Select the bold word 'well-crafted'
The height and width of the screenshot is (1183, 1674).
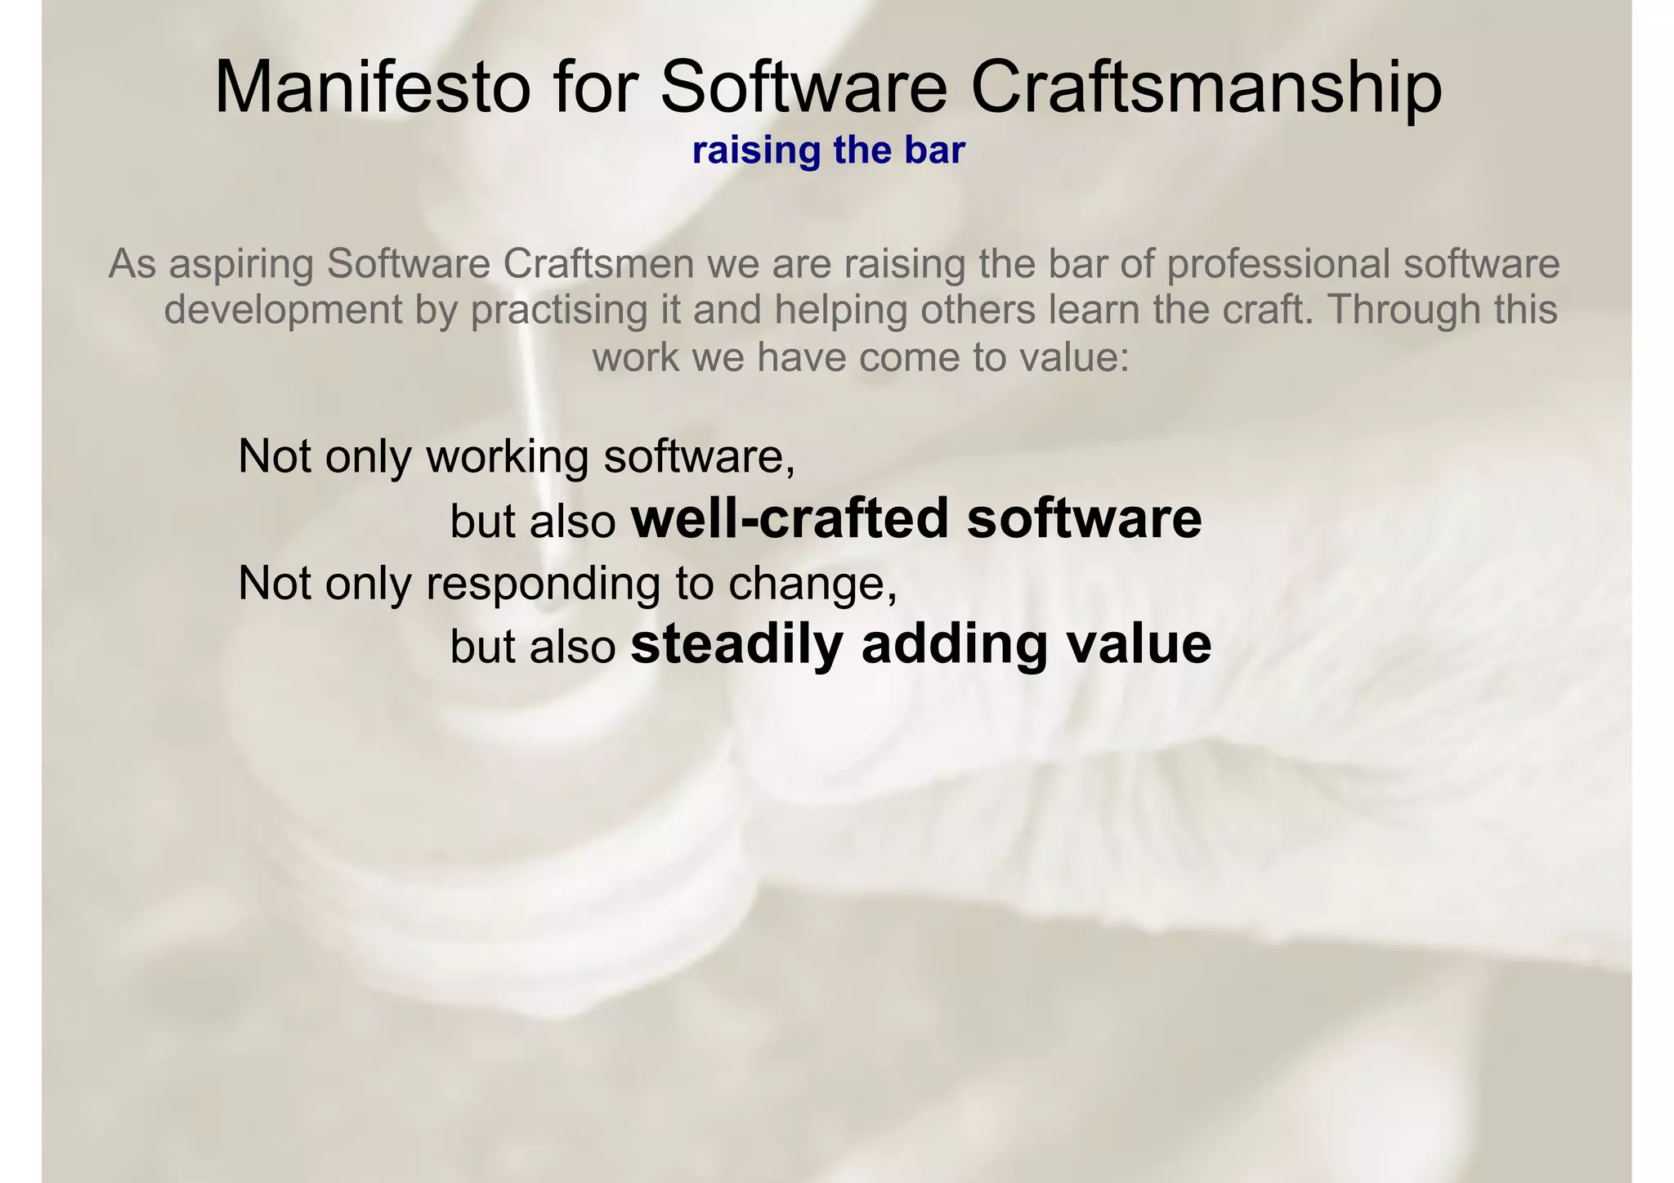tap(790, 518)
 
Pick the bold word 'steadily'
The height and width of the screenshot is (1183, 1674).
tap(736, 646)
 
